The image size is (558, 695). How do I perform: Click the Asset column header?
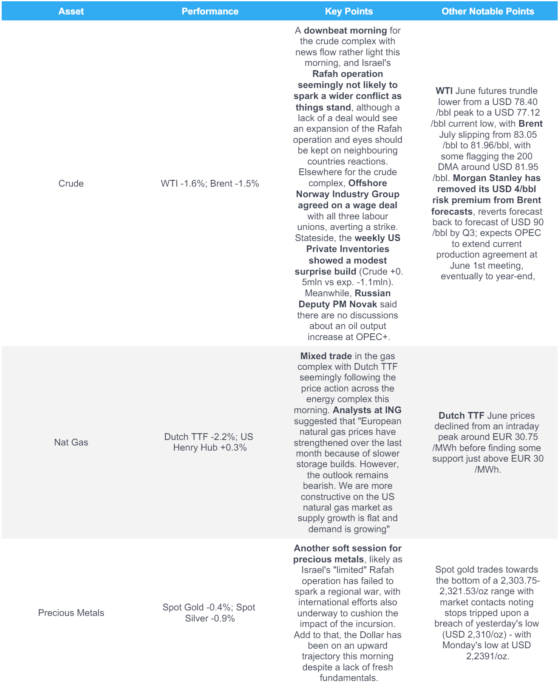click(71, 11)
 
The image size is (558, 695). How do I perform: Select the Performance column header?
click(210, 11)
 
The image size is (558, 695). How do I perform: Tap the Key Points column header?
click(348, 11)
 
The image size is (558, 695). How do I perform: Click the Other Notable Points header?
click(487, 11)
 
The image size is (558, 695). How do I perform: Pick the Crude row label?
click(71, 184)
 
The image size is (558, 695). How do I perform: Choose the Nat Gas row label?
click(71, 443)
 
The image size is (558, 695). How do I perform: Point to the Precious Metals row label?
click(71, 613)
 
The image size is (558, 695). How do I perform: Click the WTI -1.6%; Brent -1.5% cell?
click(210, 184)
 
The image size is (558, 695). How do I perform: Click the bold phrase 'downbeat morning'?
click(345, 31)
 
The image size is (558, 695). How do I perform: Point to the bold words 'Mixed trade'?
click(326, 356)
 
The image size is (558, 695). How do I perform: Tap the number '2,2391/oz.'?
click(487, 656)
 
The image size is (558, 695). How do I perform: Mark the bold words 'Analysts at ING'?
click(367, 410)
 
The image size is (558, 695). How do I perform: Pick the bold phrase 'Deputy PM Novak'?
click(338, 304)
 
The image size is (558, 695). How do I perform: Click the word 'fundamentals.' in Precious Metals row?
click(348, 678)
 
